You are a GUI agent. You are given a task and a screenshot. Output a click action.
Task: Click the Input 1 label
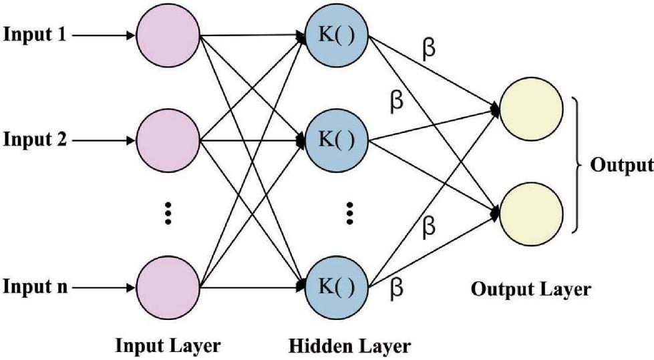click(34, 35)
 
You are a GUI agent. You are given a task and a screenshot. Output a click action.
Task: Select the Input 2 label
click(34, 140)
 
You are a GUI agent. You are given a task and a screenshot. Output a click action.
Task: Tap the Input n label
click(34, 288)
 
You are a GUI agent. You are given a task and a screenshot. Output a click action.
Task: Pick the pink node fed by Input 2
click(168, 140)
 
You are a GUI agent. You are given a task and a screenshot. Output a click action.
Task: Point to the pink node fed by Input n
click(168, 288)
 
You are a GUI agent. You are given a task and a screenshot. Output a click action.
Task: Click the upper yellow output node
click(531, 108)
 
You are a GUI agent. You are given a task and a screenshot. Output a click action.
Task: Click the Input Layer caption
click(168, 346)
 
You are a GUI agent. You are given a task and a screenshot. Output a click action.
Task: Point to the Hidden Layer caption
click(349, 347)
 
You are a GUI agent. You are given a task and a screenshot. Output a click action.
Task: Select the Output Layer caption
click(531, 289)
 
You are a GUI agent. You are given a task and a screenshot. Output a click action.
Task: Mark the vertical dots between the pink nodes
click(168, 212)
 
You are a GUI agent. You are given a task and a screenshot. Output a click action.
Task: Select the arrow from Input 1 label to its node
click(103, 35)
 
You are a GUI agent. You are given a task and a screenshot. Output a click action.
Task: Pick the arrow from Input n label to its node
click(103, 288)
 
